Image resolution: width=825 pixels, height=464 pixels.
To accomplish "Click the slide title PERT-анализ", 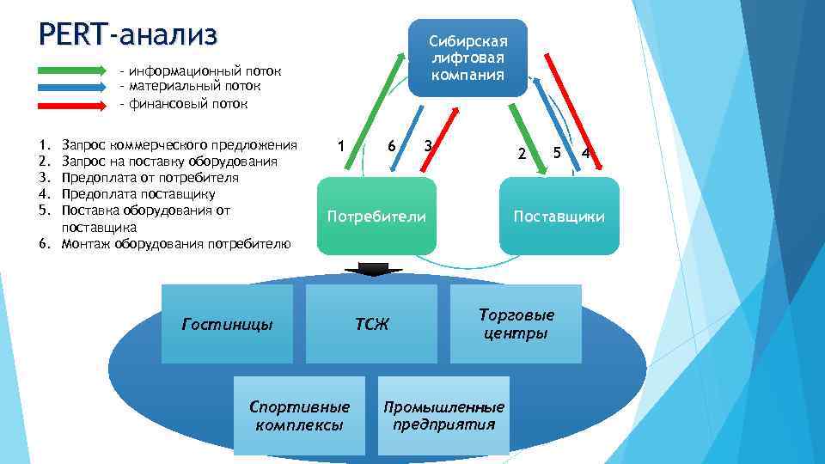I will (128, 35).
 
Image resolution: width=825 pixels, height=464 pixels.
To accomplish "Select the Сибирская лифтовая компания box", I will (468, 58).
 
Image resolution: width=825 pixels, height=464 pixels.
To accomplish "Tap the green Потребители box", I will (376, 216).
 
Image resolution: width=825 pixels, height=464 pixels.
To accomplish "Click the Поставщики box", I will (559, 216).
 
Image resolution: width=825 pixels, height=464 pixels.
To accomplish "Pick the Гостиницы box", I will (228, 324).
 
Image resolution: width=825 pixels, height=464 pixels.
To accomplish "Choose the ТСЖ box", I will (371, 324).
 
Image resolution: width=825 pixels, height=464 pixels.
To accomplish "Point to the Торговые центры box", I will (516, 324).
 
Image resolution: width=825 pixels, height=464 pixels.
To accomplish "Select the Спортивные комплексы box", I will (299, 416).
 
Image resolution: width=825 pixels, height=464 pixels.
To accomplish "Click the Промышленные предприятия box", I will (444, 416).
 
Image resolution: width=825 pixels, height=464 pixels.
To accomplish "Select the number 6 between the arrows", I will (391, 146).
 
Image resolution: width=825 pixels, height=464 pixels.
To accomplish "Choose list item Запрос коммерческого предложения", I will (180, 144).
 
